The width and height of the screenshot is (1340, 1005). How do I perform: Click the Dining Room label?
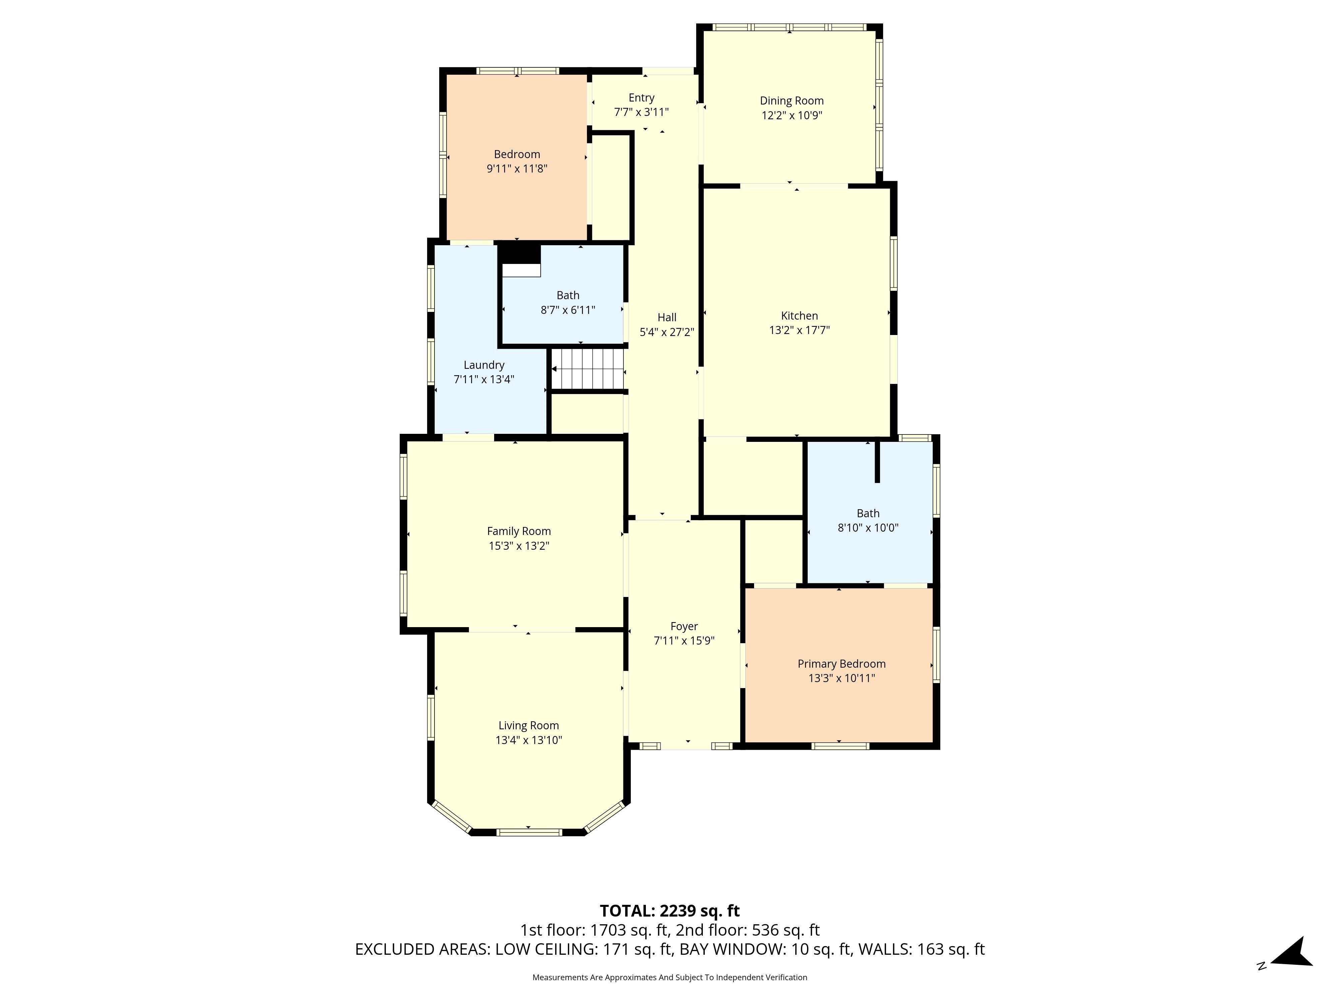792,100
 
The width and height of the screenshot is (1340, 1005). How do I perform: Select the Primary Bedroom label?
842,664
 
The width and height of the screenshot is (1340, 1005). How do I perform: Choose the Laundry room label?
484,365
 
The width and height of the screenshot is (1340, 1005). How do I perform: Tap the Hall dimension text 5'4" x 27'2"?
667,332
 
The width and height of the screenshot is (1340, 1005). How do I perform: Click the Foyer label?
684,626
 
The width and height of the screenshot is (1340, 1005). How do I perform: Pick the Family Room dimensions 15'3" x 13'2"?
519,546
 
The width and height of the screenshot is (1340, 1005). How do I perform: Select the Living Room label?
528,726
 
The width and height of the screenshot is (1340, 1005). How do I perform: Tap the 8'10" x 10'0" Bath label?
868,520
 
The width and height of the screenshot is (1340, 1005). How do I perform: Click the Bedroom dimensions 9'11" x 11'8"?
517,169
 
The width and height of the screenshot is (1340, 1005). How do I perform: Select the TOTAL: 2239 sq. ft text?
669,911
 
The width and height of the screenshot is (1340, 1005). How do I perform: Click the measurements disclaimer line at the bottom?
669,977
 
